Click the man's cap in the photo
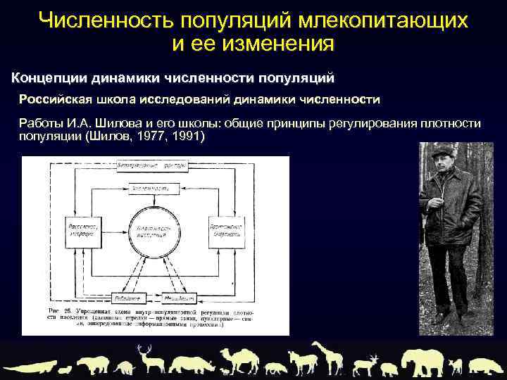[442, 148]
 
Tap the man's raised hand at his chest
[432, 205]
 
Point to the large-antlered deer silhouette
[147, 358]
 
